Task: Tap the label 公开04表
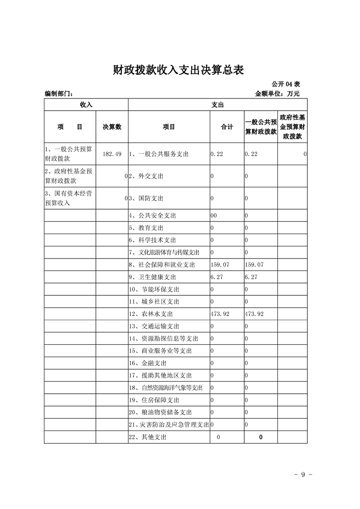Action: [x=286, y=84]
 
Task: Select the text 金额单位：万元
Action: [x=277, y=93]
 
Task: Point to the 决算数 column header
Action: [x=112, y=127]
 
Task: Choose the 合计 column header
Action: [x=227, y=127]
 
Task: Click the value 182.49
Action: [x=112, y=154]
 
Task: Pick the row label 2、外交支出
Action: [x=146, y=176]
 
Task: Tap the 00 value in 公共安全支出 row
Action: [x=213, y=216]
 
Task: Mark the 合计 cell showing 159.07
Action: [x=221, y=264]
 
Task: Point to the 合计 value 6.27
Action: [x=217, y=277]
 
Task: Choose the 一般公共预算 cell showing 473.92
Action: [x=254, y=314]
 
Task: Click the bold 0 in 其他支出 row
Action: [x=261, y=437]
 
